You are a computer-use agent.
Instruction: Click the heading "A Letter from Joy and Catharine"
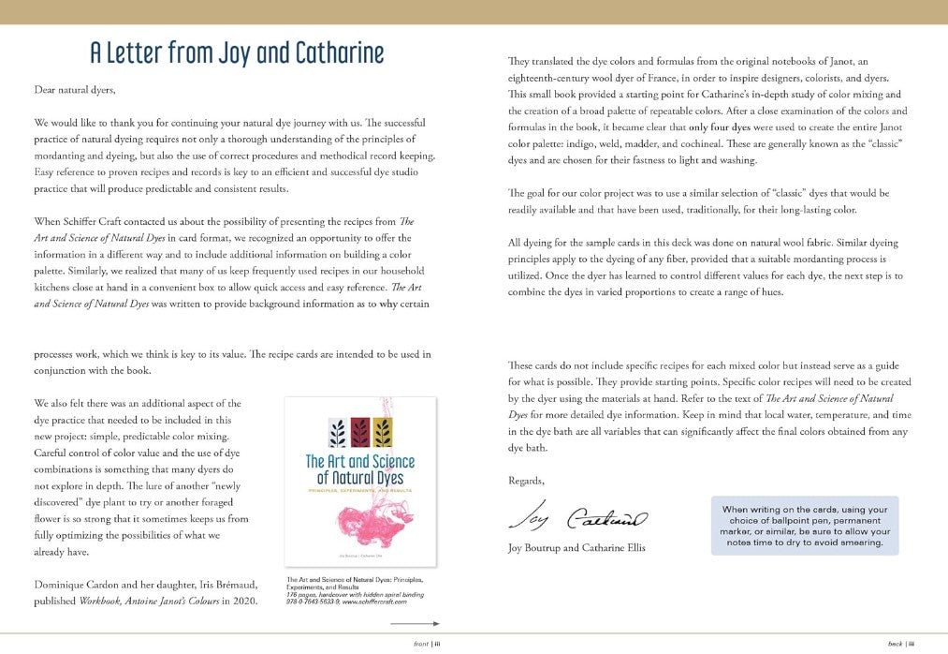pos(237,53)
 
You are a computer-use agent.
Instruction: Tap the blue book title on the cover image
pos(359,469)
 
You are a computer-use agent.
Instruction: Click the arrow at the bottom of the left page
pos(415,623)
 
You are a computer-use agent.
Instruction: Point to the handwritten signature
pos(577,514)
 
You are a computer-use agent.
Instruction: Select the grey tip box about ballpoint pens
pos(804,525)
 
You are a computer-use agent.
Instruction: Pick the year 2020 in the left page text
pos(242,601)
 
